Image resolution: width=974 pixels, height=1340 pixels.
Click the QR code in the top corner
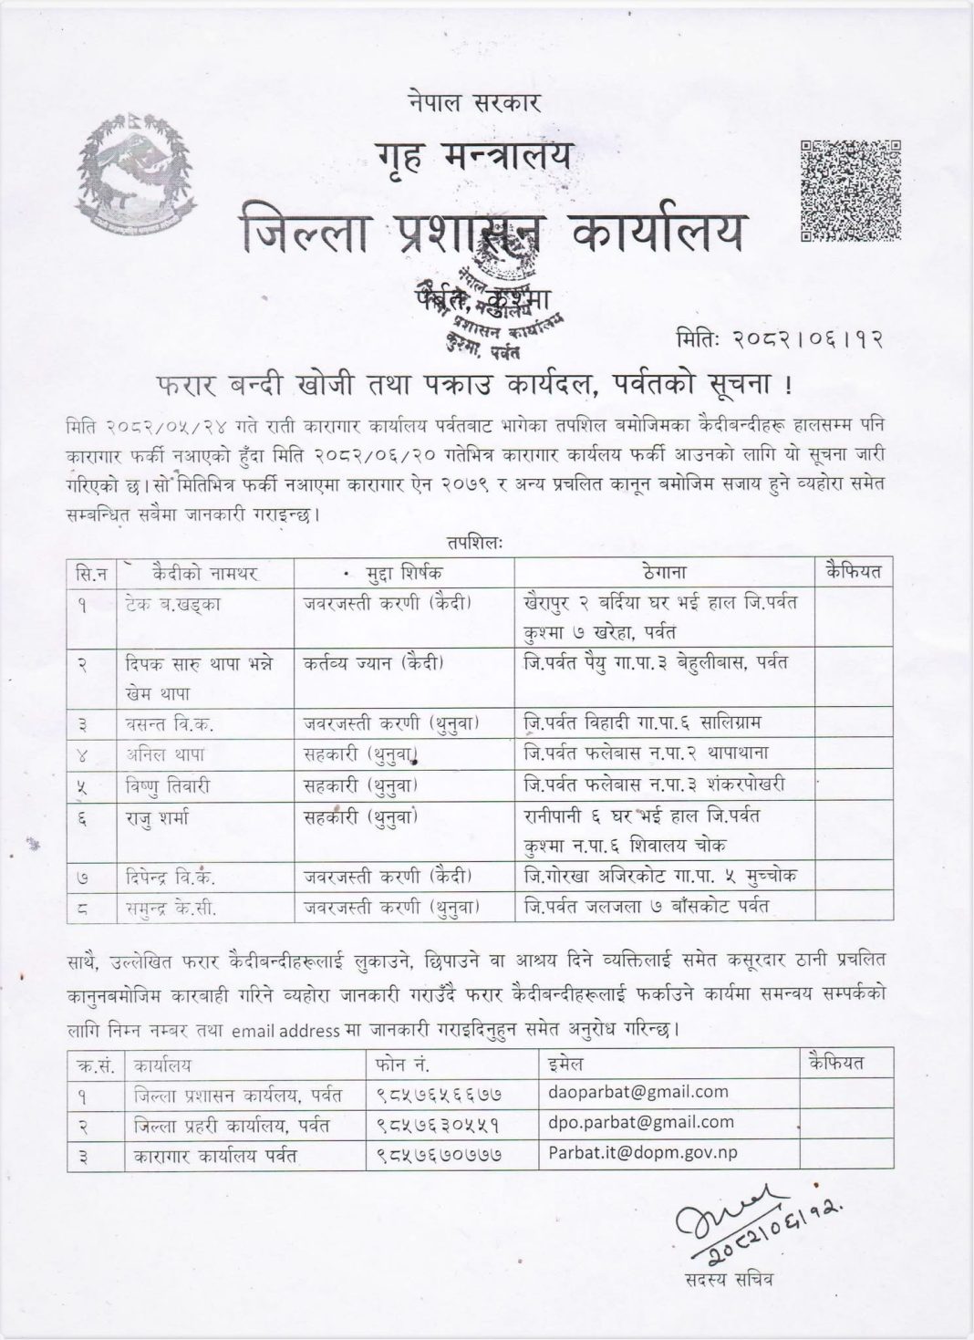pos(850,191)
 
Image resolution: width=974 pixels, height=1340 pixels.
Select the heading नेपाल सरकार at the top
pos(475,104)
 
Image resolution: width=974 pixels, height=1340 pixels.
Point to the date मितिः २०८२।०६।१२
pos(781,339)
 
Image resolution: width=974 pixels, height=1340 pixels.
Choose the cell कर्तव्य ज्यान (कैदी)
pos(389,664)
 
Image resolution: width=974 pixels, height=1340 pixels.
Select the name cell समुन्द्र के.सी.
pos(171,907)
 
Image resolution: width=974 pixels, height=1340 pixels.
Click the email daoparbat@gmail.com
pos(637,1091)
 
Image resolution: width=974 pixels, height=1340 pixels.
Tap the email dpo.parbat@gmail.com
pos(640,1122)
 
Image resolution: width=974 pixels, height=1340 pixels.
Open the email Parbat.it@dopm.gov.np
pos(642,1153)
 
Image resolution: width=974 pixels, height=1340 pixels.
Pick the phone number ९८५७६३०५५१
pos(437,1123)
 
